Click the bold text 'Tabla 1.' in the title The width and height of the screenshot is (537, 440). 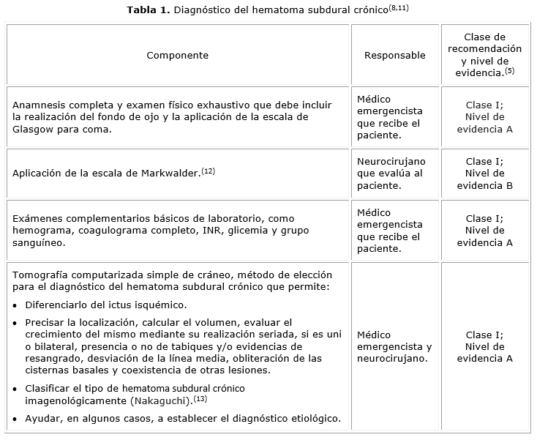tap(148, 10)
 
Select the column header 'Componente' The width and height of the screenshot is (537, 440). tap(177, 56)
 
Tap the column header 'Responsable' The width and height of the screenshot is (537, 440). tap(394, 56)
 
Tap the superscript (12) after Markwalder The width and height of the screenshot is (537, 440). tap(209, 171)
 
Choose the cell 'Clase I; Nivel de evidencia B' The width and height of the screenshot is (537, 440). tap(484, 174)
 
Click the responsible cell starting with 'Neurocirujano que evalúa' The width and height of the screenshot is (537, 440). tap(391, 174)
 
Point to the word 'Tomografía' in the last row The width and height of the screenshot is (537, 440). tap(40, 275)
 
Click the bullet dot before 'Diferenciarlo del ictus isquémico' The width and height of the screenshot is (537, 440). tap(16, 305)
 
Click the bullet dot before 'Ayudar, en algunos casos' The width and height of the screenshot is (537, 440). tap(16, 419)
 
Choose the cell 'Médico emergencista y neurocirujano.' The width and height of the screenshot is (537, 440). tap(394, 347)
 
